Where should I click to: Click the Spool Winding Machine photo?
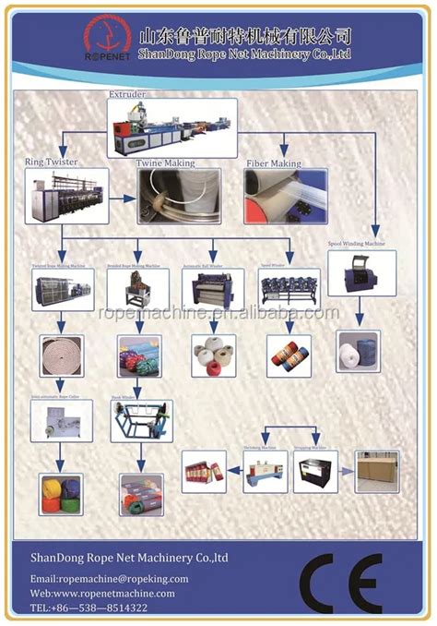(x=361, y=272)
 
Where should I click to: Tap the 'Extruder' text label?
(x=128, y=94)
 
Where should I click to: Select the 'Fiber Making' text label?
(x=273, y=163)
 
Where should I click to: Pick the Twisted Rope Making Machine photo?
(x=62, y=288)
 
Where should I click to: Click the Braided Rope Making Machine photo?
(x=136, y=288)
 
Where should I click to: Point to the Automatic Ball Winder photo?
(x=213, y=288)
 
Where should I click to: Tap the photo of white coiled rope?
(x=62, y=355)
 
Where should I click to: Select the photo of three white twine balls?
(x=213, y=355)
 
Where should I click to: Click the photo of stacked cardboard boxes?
(x=377, y=470)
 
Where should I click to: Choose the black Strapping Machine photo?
(x=315, y=471)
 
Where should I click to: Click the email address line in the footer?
(x=110, y=579)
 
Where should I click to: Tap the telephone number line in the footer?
(x=89, y=608)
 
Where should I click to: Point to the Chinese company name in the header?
(x=245, y=36)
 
